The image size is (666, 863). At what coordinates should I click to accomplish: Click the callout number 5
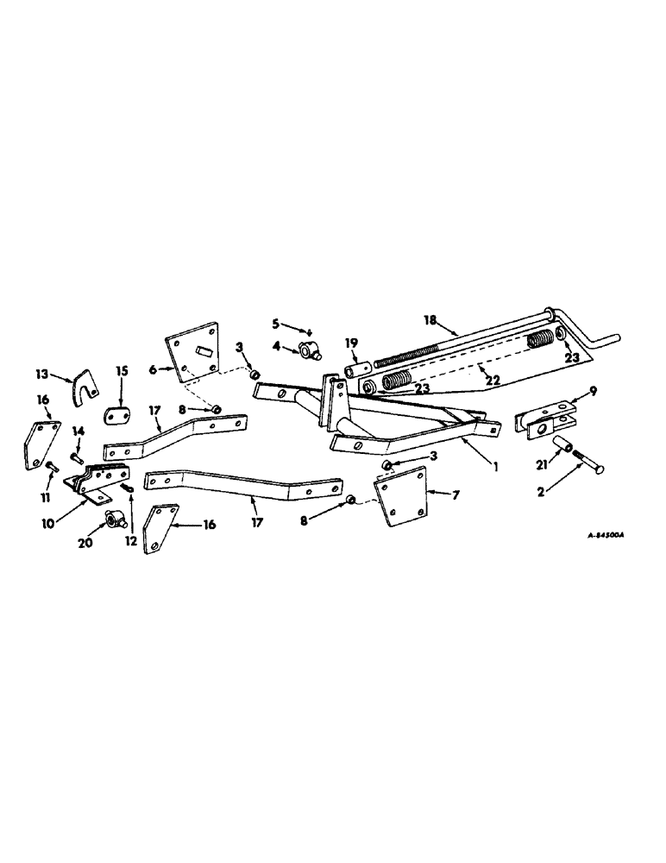(x=276, y=324)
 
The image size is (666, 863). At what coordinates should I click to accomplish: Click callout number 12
(x=129, y=519)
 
